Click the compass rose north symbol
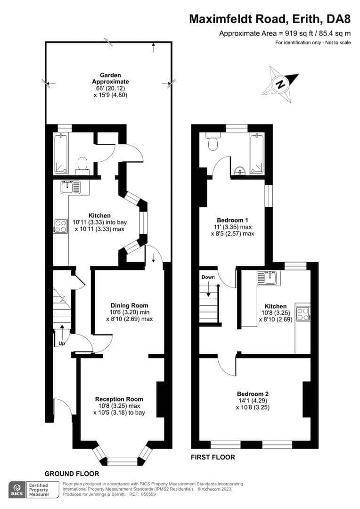tap(280, 84)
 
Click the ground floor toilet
tap(82, 166)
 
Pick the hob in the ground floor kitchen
tap(61, 226)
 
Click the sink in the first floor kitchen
tap(268, 278)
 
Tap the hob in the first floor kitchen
tap(303, 314)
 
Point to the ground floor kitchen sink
tap(70, 187)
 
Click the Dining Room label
tap(129, 305)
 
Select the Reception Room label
tap(119, 399)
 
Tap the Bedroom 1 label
tap(232, 221)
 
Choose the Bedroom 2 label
tap(253, 394)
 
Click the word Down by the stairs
tap(208, 277)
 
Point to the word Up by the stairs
tap(62, 344)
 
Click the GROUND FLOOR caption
tap(72, 474)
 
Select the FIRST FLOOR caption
tap(213, 457)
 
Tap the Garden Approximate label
tap(110, 79)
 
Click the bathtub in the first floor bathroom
tap(257, 154)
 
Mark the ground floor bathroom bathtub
tap(61, 154)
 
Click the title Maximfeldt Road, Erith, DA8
tap(270, 19)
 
